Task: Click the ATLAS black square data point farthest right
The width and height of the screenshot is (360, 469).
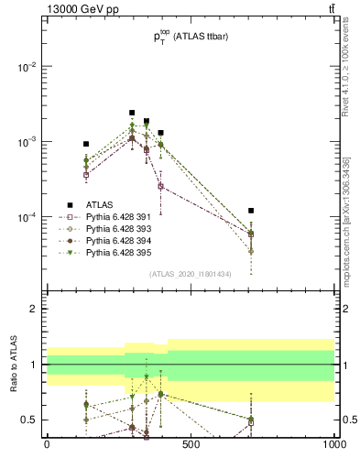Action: click(x=251, y=211)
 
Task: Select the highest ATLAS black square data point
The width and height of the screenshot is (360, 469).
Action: click(x=132, y=113)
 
